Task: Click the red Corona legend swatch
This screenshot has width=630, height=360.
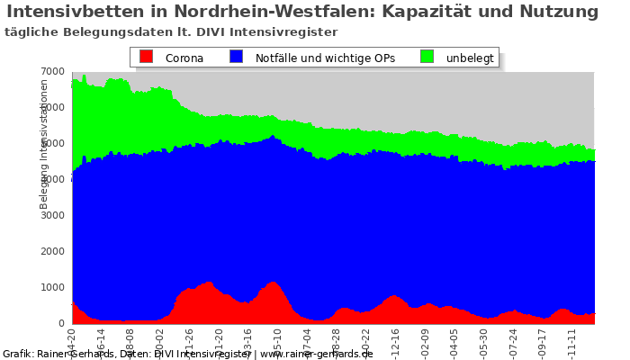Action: [x=147, y=57]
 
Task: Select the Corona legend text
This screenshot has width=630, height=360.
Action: [x=184, y=58]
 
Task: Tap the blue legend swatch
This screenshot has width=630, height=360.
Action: [x=236, y=57]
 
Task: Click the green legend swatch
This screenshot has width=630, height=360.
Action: [x=427, y=57]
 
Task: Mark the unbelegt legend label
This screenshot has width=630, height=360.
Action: [x=470, y=58]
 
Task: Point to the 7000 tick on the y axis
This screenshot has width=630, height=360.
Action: [x=53, y=72]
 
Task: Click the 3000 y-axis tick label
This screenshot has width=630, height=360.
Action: [x=53, y=216]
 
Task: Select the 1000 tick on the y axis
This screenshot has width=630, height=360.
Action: [x=53, y=288]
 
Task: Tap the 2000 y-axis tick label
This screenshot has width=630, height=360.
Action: [x=53, y=252]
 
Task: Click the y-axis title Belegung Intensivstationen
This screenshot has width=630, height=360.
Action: [x=44, y=144]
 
